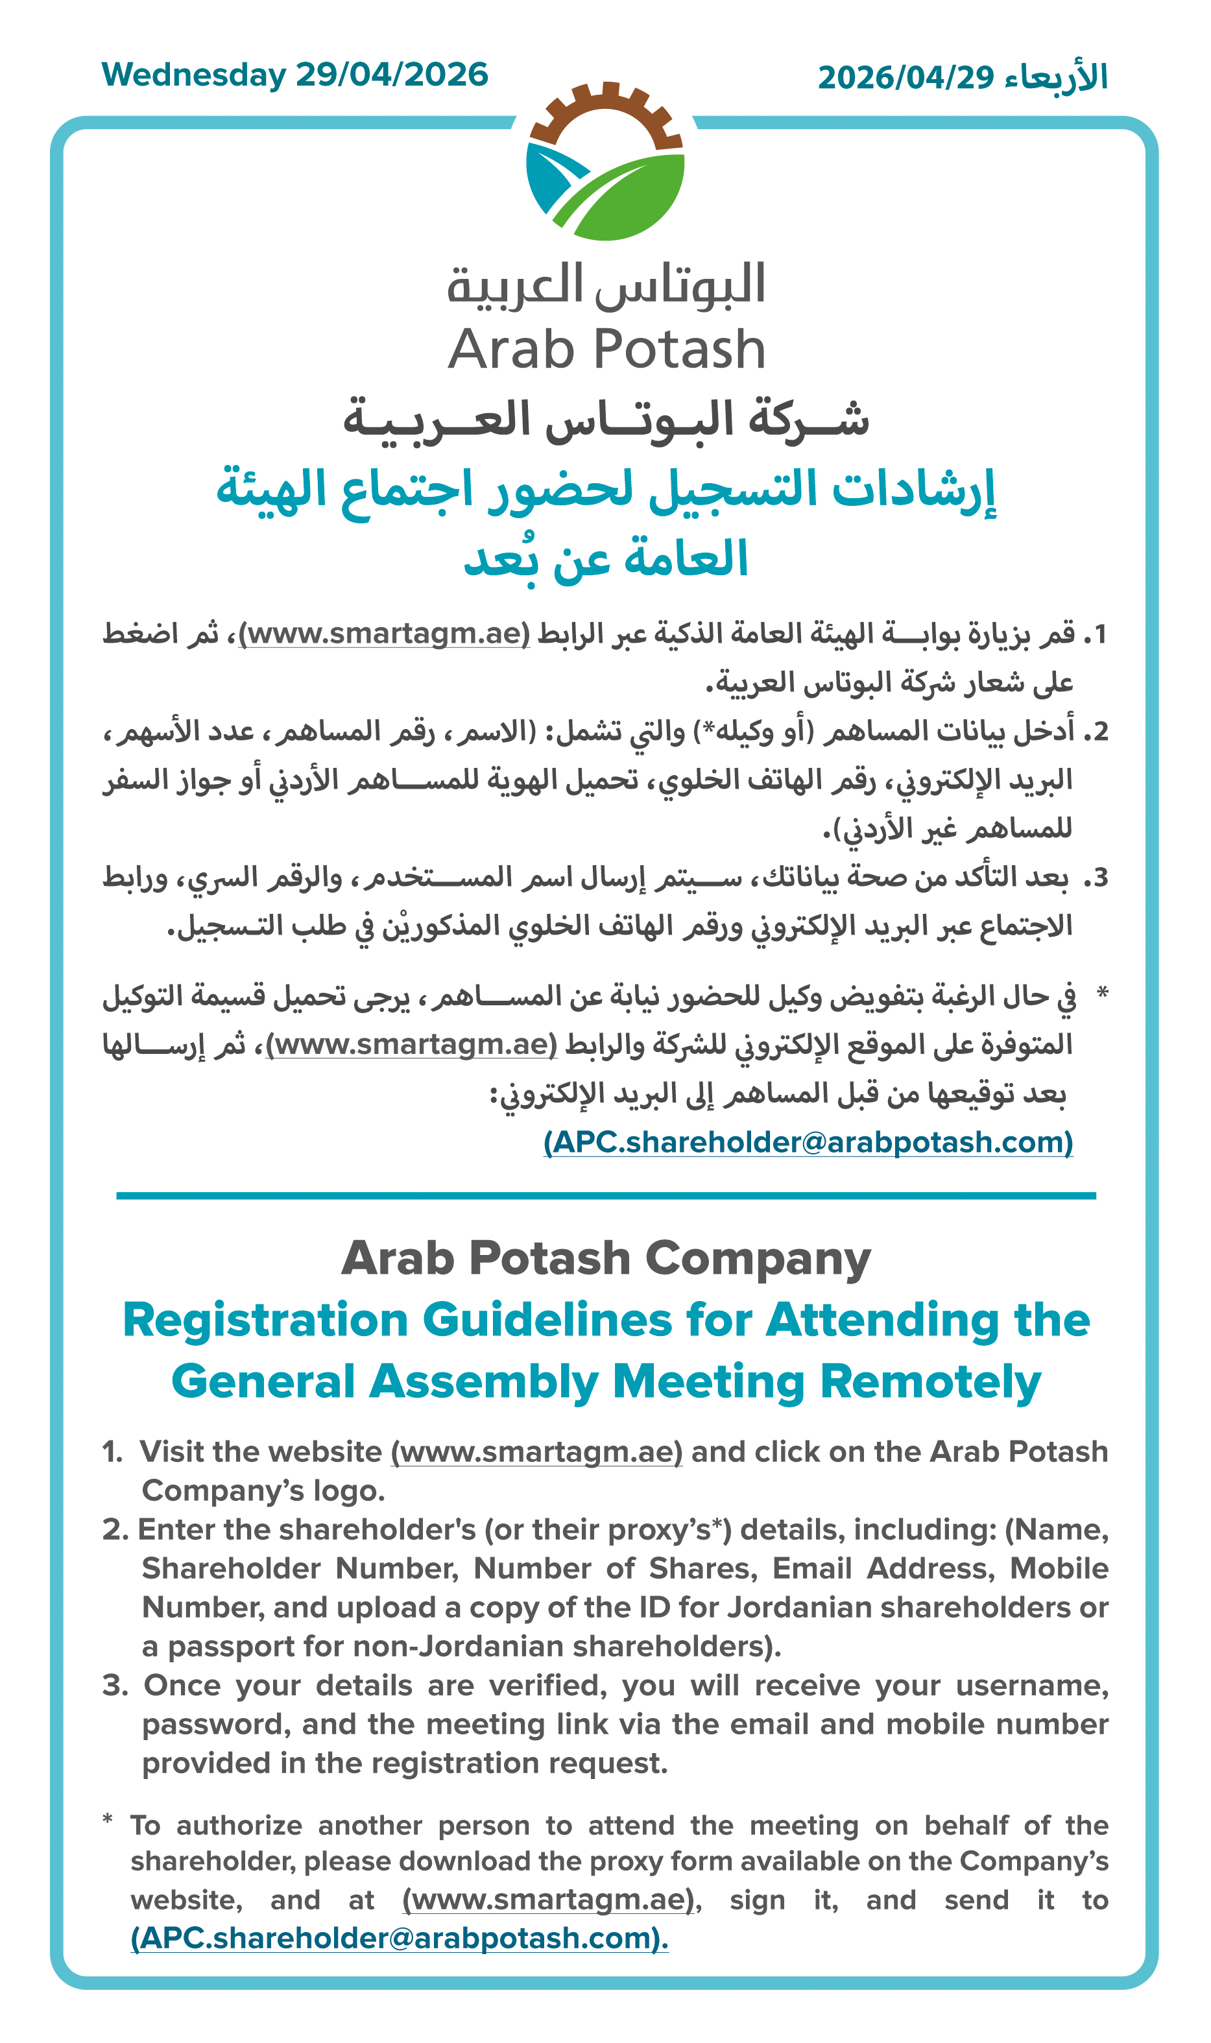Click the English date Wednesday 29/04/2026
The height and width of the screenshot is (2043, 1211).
click(x=294, y=75)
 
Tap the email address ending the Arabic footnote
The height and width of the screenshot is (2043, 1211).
click(x=808, y=1142)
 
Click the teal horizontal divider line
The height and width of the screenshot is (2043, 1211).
click(x=606, y=1196)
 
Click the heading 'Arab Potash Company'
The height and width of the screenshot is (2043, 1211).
click(x=606, y=1258)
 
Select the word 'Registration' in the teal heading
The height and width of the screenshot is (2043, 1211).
click(x=265, y=1320)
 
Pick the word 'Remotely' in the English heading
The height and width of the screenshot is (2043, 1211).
click(x=930, y=1382)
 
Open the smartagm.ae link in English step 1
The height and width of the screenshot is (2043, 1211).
click(x=536, y=1452)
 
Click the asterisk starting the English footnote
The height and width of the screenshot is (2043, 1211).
click(x=108, y=1819)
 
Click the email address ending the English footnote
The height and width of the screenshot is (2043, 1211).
click(x=399, y=1938)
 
